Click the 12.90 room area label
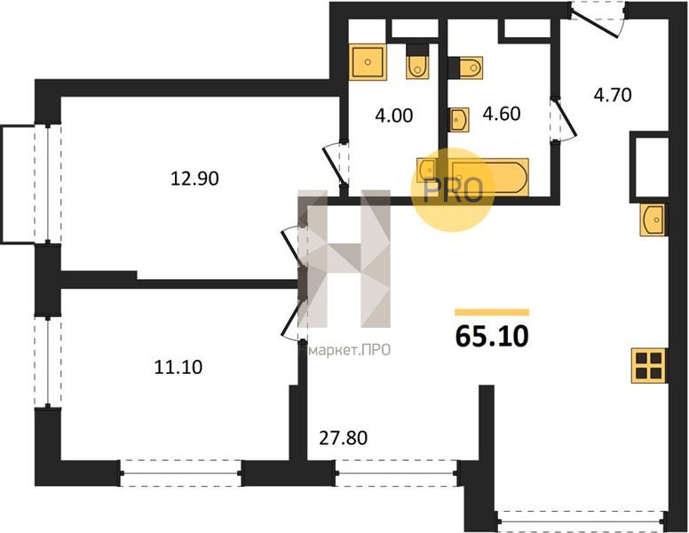(x=194, y=179)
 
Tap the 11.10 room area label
(x=178, y=367)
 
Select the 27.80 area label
(x=343, y=438)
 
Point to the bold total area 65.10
(x=492, y=337)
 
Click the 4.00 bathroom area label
(x=393, y=115)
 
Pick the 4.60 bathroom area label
(x=502, y=114)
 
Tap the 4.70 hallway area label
(x=613, y=94)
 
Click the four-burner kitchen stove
(x=648, y=365)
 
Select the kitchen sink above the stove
(x=653, y=219)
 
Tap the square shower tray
(x=368, y=62)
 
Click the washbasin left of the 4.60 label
(x=459, y=119)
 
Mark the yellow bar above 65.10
(x=492, y=312)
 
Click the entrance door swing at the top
(x=598, y=20)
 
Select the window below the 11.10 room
(x=180, y=473)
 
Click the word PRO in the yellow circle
(x=453, y=191)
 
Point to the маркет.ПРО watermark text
(x=350, y=350)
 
